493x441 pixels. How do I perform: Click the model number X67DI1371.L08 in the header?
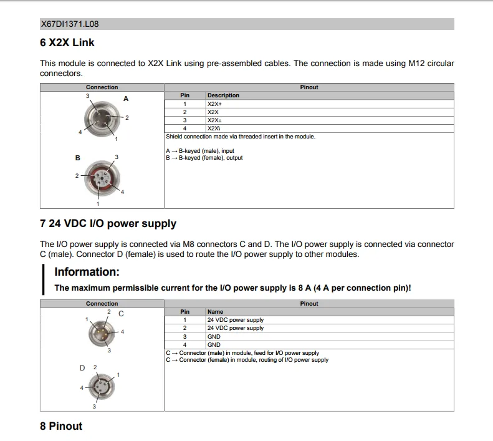pyautogui.click(x=70, y=24)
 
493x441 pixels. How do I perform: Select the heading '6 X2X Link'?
pyautogui.click(x=67, y=42)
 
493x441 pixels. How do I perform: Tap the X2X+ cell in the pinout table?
pyautogui.click(x=214, y=104)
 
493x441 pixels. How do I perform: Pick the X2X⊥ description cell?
pyautogui.click(x=214, y=120)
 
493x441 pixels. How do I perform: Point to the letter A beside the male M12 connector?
pyautogui.click(x=126, y=99)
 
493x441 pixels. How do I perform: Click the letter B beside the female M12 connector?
pyautogui.click(x=78, y=158)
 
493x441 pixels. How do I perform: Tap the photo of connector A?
pyautogui.click(x=102, y=119)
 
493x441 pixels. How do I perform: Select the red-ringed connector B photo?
pyautogui.click(x=102, y=178)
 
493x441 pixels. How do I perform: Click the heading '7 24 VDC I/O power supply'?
pyautogui.click(x=108, y=223)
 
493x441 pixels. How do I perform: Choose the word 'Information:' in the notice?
pyautogui.click(x=87, y=272)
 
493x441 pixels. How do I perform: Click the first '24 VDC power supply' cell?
pyautogui.click(x=236, y=320)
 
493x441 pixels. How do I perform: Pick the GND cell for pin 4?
pyautogui.click(x=214, y=345)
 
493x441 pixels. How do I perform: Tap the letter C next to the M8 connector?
pyautogui.click(x=121, y=314)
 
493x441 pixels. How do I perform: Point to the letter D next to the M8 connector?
pyautogui.click(x=82, y=368)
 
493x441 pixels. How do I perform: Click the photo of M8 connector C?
pyautogui.click(x=102, y=333)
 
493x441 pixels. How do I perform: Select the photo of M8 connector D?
pyautogui.click(x=101, y=386)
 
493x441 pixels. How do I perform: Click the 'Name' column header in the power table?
pyautogui.click(x=215, y=312)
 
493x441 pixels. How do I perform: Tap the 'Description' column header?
pyautogui.click(x=223, y=95)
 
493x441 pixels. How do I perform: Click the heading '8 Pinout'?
pyautogui.click(x=61, y=426)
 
